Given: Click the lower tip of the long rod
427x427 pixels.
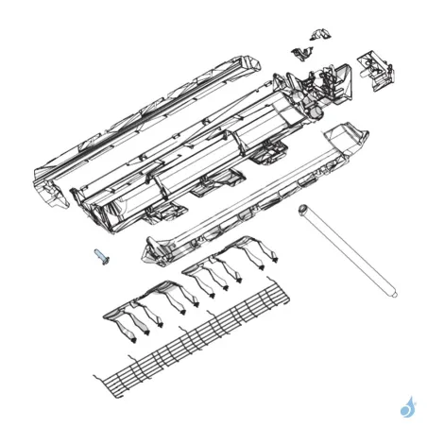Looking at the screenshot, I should [389, 293].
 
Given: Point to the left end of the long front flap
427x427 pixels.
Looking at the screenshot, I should [153, 249].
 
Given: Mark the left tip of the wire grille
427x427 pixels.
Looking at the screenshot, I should [96, 380].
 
